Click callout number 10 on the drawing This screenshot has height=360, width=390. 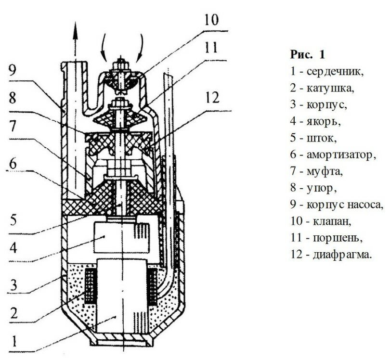(210, 20)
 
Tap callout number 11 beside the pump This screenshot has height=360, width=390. (210, 48)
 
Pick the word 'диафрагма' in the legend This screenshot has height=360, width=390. (345, 255)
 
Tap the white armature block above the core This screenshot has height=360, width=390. (113, 238)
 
